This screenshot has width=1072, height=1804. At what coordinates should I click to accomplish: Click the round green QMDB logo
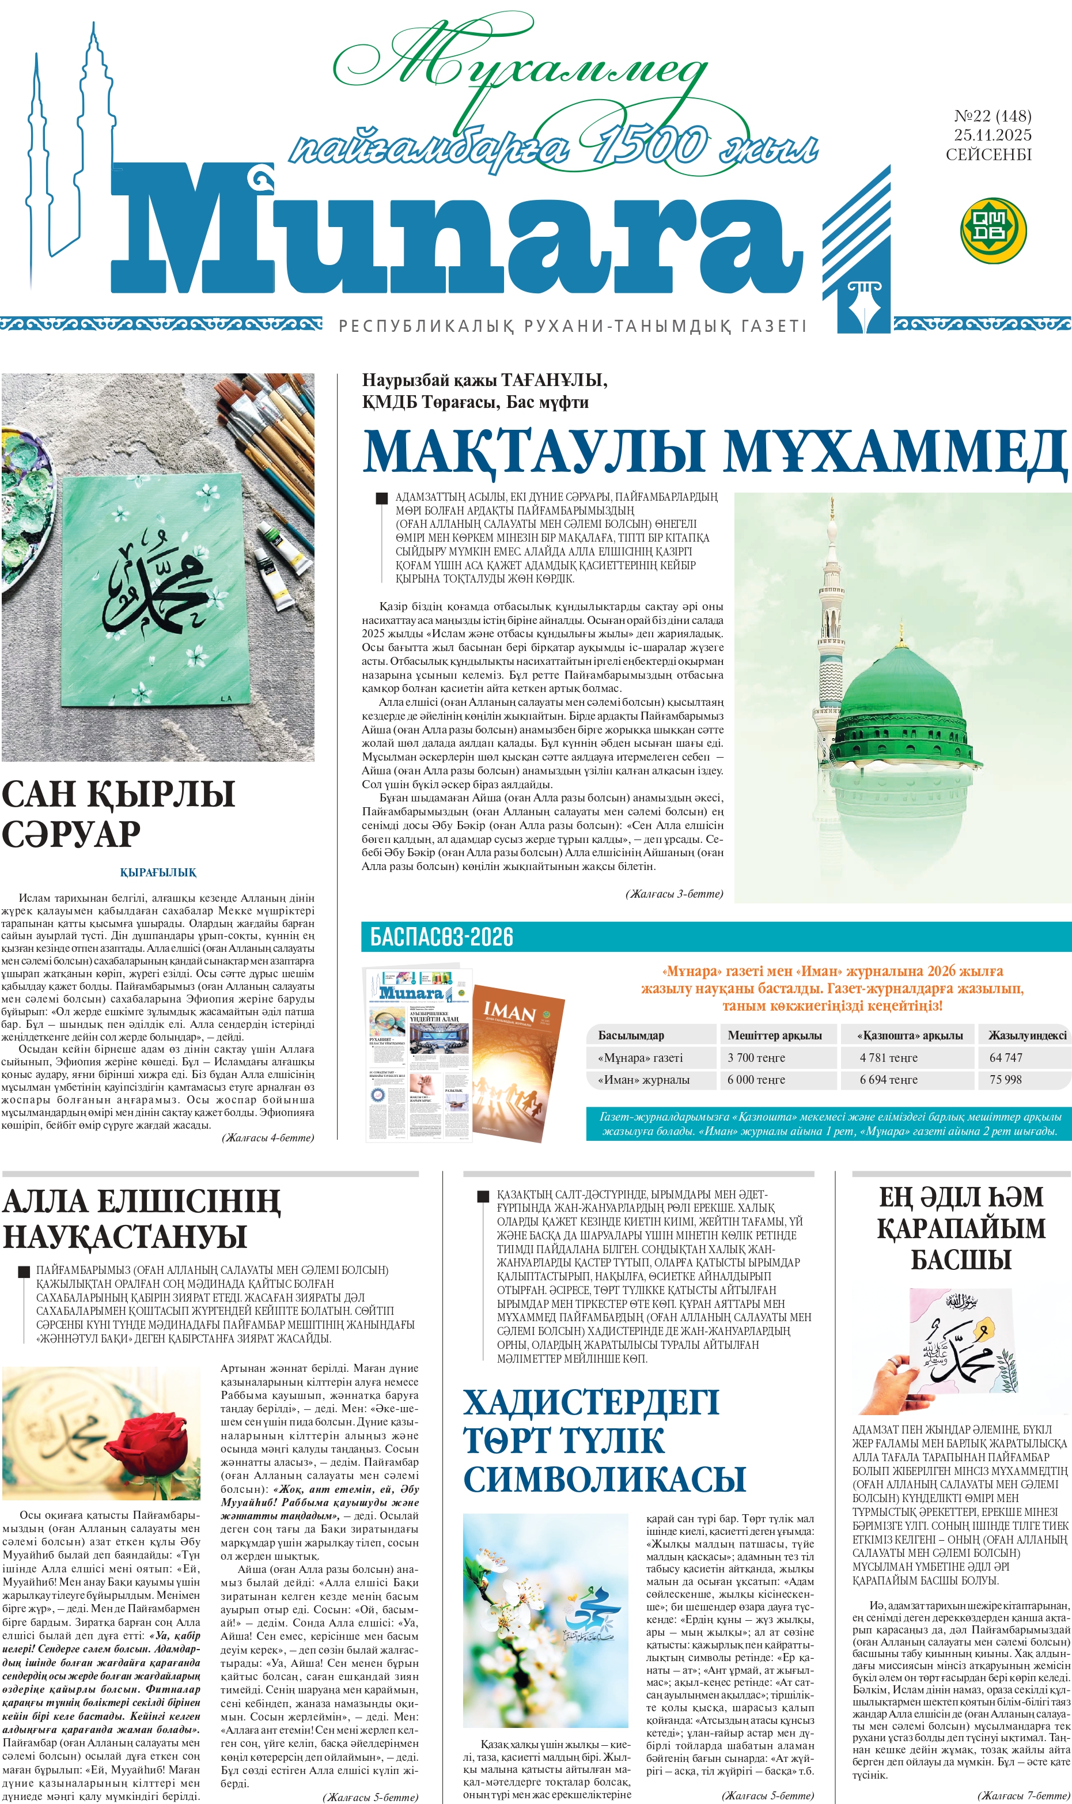tap(993, 230)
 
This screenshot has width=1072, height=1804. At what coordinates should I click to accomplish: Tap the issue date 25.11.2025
tap(992, 135)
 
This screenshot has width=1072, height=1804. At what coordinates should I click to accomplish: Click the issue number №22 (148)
tap(992, 116)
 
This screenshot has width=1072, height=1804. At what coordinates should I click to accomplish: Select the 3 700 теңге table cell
tap(756, 1058)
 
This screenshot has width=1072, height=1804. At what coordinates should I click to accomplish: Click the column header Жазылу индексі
tap(1026, 1035)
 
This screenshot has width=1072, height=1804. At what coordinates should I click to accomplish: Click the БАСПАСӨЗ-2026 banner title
tap(441, 937)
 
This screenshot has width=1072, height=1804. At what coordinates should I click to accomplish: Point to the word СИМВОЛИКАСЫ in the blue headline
tap(604, 1479)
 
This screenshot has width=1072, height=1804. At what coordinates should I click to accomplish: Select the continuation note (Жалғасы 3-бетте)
tap(674, 894)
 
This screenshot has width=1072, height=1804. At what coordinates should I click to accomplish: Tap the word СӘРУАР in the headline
tap(71, 834)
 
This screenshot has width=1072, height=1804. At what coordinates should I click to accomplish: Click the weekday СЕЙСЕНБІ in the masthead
tap(988, 154)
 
